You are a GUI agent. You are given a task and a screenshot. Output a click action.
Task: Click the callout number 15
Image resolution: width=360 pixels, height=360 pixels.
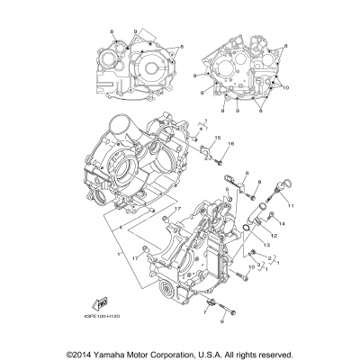217,139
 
